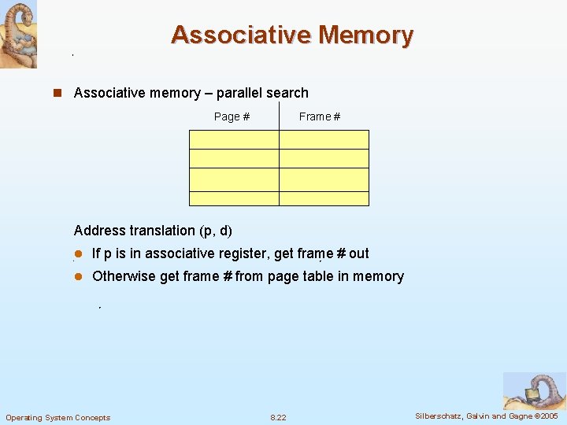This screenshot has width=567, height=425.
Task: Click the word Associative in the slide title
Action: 240,35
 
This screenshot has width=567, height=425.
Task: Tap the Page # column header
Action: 232,116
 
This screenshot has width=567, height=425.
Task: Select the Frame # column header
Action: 320,116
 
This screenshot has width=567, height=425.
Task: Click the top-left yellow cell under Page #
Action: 234,139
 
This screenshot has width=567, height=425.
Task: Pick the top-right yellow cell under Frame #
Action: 324,139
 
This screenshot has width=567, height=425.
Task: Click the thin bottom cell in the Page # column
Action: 234,198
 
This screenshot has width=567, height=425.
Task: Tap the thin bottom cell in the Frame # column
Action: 324,198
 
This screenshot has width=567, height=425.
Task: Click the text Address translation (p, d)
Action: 153,231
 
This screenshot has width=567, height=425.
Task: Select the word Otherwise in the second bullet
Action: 124,276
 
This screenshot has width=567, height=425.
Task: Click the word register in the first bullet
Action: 242,253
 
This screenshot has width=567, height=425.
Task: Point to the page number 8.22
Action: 278,417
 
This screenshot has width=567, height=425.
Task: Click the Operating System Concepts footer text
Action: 58,417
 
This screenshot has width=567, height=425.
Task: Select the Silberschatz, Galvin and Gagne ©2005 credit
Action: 487,416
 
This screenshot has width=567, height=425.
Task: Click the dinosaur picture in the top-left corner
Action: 18,34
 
